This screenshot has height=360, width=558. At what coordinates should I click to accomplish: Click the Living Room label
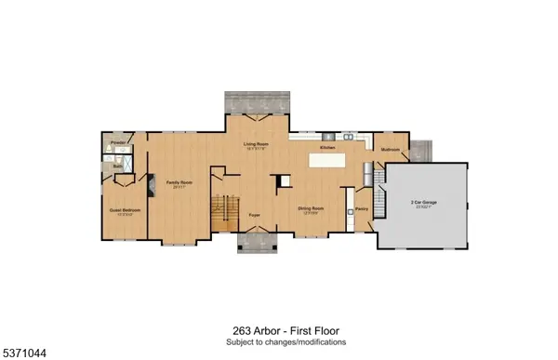(256, 144)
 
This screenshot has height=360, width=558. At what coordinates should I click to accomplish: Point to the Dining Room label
(310, 209)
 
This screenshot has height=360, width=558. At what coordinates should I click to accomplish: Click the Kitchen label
(327, 148)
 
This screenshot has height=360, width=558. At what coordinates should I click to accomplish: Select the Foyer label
(253, 214)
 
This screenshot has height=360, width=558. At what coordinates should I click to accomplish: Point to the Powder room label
(117, 143)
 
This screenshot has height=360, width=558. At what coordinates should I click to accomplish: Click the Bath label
(117, 167)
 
